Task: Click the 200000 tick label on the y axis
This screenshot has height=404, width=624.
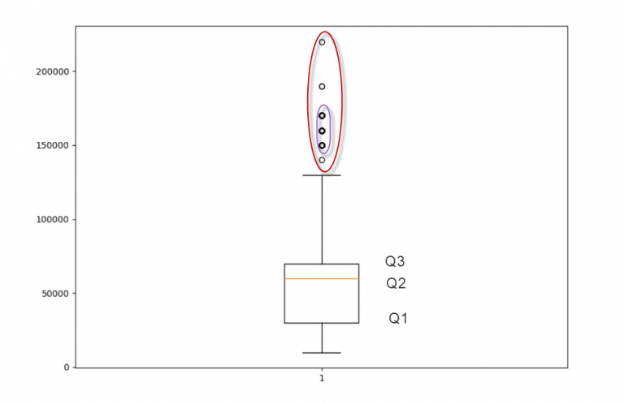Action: coord(52,71)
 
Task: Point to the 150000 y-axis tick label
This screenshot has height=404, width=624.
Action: coord(52,145)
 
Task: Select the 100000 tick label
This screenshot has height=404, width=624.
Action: coord(52,219)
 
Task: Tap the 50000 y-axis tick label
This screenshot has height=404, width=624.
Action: coord(55,294)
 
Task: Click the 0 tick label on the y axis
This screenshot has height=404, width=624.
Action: coord(67,367)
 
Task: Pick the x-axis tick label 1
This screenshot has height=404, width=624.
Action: coord(322,378)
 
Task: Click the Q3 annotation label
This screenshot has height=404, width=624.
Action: coord(395,261)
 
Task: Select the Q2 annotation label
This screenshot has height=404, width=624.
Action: coord(396,283)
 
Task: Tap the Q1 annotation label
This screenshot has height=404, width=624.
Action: coord(398,318)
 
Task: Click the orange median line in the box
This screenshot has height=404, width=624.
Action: coord(322,278)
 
